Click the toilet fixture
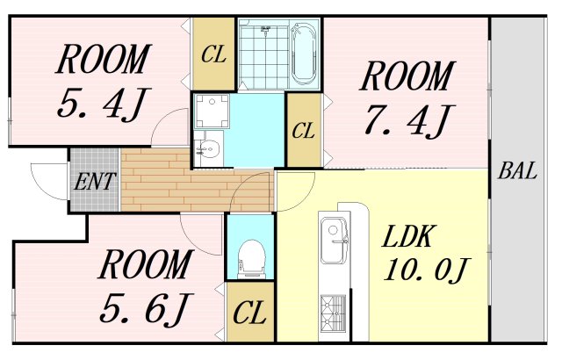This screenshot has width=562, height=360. pos(251,259)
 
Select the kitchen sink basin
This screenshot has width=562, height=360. pos(334,241)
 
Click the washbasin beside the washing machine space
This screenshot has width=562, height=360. pos(209,148)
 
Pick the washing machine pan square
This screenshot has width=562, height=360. pos(212,112)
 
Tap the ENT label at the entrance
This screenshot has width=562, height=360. pos(95,181)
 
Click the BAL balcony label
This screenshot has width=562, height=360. pos(518,171)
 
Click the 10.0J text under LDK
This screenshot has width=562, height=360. pos(426,270)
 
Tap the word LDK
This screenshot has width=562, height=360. pos(407,236)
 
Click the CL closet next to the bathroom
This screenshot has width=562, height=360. pos(214,54)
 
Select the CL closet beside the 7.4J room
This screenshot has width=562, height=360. pos(304,130)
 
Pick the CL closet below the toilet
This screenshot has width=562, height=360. pos(249,312)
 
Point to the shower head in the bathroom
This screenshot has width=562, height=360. pos(265,31)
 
